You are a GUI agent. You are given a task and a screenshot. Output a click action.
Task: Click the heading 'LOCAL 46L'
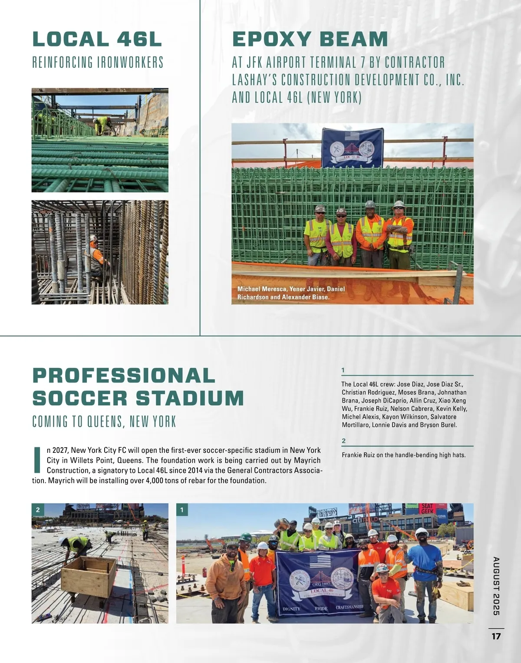[x=97, y=39]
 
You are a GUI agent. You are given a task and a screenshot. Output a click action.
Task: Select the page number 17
[x=496, y=637]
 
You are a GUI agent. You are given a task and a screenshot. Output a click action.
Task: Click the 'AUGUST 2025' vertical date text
[x=496, y=586]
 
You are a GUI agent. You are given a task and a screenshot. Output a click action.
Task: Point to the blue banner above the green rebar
[x=352, y=147]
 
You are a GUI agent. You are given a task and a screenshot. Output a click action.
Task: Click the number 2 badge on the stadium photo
[x=38, y=510]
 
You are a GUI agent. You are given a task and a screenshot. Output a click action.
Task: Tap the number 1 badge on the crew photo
[x=182, y=510]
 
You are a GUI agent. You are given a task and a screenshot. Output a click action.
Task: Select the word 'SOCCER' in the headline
[x=79, y=398]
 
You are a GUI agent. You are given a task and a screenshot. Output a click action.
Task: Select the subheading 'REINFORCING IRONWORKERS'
[x=98, y=63]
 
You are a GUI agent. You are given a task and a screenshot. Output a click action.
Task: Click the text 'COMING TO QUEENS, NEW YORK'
[x=104, y=422]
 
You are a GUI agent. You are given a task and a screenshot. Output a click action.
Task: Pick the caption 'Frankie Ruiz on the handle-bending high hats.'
[x=403, y=455]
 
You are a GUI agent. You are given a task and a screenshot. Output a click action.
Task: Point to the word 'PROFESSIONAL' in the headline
[x=124, y=376]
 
